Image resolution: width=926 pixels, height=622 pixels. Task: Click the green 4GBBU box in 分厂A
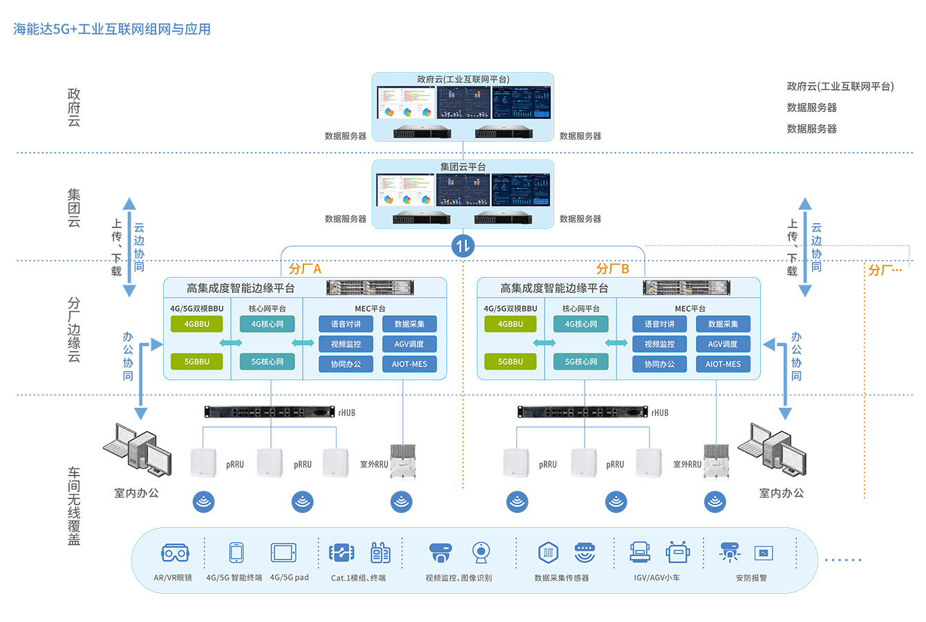[197, 323]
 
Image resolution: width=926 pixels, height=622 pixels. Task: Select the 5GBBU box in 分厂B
[510, 361]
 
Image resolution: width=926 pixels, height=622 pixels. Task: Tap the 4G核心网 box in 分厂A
[267, 323]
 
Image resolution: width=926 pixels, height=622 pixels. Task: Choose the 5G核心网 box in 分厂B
[580, 361]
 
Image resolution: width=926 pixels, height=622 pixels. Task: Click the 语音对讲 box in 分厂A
[346, 323]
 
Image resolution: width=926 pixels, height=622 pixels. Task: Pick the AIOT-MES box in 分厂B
[723, 364]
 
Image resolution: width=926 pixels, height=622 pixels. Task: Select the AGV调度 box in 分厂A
[409, 343]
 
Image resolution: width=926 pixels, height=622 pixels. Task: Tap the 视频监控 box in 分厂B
[659, 343]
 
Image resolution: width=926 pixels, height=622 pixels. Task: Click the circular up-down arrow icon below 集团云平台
[463, 245]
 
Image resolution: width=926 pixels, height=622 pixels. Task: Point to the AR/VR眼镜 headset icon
[175, 553]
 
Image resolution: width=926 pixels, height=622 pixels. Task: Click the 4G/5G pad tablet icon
[283, 553]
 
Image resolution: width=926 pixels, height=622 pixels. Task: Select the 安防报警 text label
[751, 578]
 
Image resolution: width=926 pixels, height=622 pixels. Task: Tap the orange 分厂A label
[305, 269]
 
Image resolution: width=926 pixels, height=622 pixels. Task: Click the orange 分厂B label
[612, 269]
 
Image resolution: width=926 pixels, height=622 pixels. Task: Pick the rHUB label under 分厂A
[347, 413]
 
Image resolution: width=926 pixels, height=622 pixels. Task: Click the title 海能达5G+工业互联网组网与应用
[112, 29]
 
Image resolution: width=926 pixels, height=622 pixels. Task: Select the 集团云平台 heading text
[463, 167]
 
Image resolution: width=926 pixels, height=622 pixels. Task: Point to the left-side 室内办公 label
[136, 493]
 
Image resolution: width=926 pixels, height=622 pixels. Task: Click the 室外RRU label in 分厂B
[687, 464]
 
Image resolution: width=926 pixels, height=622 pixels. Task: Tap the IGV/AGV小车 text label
[656, 578]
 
